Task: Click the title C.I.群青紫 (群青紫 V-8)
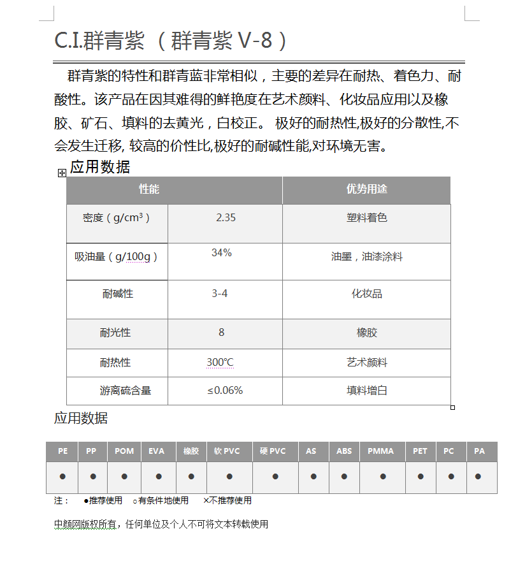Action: tap(171, 41)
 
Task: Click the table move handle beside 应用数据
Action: tap(62, 173)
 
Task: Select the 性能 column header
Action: tap(149, 189)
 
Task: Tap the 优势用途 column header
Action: tap(366, 189)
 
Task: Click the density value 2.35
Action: tap(226, 217)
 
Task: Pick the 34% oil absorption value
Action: tap(222, 252)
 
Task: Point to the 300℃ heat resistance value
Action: tap(220, 363)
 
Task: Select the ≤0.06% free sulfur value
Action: tap(225, 390)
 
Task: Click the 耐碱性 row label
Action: tap(117, 294)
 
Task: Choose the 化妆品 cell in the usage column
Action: tap(366, 294)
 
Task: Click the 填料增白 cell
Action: tap(366, 390)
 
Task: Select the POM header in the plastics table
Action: tap(124, 451)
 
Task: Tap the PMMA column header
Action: tap(381, 451)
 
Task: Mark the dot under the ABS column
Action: tap(344, 477)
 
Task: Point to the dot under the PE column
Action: tap(62, 477)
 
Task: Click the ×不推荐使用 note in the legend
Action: tap(227, 500)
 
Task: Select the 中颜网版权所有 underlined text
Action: tap(85, 525)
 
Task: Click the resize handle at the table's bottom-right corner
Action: tap(452, 407)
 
